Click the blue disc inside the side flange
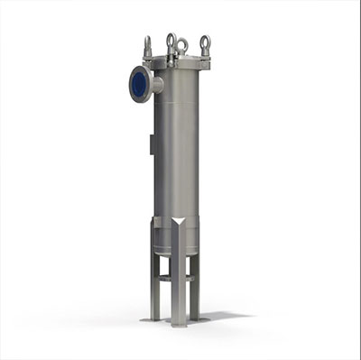pyautogui.click(x=140, y=84)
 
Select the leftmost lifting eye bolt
pyautogui.click(x=148, y=45)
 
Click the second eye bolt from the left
pyautogui.click(x=170, y=41)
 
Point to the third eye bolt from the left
pyautogui.click(x=182, y=45)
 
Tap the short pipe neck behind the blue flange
pyautogui.click(x=156, y=85)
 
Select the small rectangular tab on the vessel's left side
pyautogui.click(x=150, y=145)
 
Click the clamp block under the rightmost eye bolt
pyautogui.click(x=205, y=59)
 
